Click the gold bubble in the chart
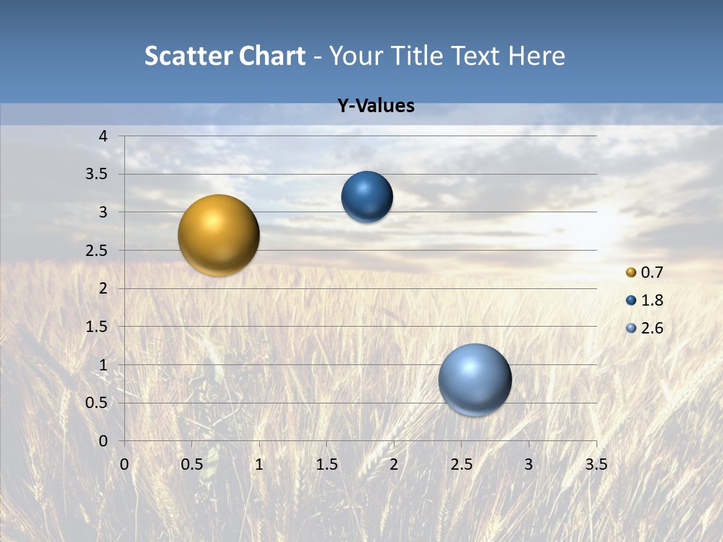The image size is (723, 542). pyautogui.click(x=218, y=235)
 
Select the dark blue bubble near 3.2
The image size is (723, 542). pyautogui.click(x=367, y=197)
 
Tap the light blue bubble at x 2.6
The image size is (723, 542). pyautogui.click(x=474, y=379)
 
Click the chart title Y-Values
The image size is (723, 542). pyautogui.click(x=376, y=106)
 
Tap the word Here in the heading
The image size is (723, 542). pyautogui.click(x=536, y=56)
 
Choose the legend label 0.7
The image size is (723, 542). pyautogui.click(x=651, y=273)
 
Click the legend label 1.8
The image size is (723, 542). pyautogui.click(x=651, y=300)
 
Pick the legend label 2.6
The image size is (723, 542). pyautogui.click(x=651, y=328)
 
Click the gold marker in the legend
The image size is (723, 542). pyautogui.click(x=631, y=273)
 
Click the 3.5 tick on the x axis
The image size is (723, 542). pyautogui.click(x=596, y=464)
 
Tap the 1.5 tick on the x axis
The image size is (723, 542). pyautogui.click(x=326, y=464)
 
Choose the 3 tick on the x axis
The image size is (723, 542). pyautogui.click(x=529, y=464)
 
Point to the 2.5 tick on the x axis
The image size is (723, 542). pyautogui.click(x=461, y=464)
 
